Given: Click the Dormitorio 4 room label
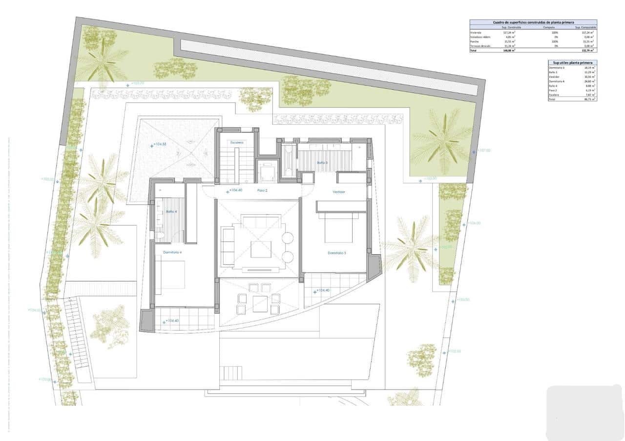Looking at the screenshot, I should pos(172,252).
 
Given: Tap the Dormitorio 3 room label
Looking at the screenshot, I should pos(337,253).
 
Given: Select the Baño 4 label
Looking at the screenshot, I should pos(171,212).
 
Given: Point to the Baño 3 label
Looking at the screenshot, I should pos(322,162).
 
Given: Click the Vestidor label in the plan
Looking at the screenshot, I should pos(339,192).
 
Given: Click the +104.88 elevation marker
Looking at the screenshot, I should pos(160,144).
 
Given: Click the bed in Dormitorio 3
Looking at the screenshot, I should pos(336,228).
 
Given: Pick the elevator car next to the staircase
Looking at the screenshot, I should pos(267,172).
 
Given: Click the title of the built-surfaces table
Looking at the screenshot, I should pos(533,22).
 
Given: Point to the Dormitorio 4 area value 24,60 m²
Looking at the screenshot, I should pos(588,81).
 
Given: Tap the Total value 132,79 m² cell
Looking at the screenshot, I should pos(588,50).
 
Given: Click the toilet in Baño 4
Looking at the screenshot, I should pos(160,235).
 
